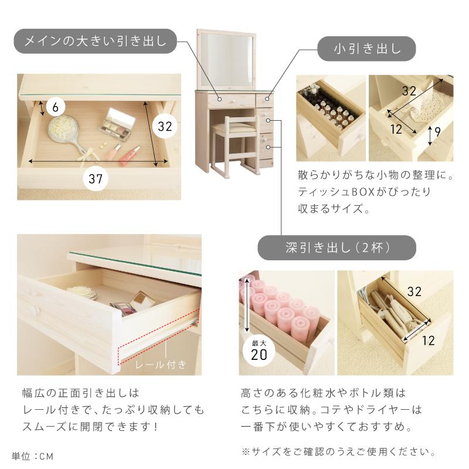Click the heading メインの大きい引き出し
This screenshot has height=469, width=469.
point(94,41)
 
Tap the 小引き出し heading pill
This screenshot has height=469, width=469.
point(367,49)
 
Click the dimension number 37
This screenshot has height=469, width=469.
point(96,179)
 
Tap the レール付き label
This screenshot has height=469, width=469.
point(161,365)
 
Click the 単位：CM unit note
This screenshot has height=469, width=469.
point(36,456)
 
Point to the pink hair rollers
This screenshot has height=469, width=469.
point(281,308)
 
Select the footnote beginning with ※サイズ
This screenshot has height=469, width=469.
point(338,452)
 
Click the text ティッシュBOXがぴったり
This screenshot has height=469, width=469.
point(365,192)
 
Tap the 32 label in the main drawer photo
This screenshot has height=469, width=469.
point(165,125)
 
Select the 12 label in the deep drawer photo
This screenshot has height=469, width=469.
point(428,339)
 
